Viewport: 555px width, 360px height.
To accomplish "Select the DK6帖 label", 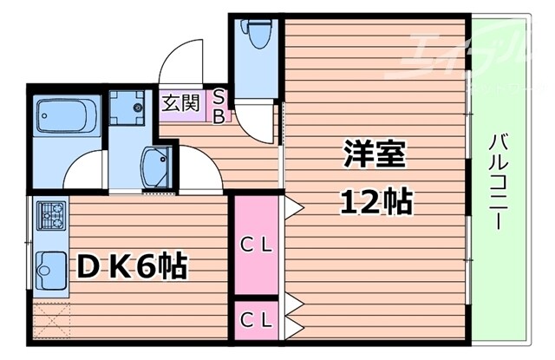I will coord(132,266).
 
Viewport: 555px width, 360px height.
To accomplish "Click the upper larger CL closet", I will coord(256,244).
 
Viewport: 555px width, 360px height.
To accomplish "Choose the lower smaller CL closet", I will coord(256,318).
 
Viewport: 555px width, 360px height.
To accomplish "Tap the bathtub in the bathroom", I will coord(69,116).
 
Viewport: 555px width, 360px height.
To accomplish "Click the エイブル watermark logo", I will coord(468,48).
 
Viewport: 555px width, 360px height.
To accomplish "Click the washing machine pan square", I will coord(134,108).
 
